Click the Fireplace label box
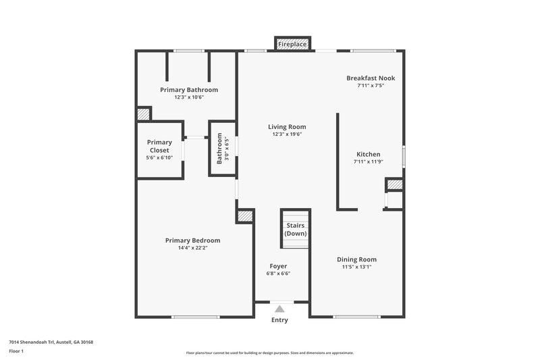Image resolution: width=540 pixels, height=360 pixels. (x=292, y=45)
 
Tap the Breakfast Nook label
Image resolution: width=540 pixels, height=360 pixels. (x=371, y=78)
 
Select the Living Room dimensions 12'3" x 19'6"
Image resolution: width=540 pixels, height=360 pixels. (x=287, y=134)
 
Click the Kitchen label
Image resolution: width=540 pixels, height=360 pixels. (x=368, y=155)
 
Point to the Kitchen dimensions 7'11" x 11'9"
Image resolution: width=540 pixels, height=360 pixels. (x=368, y=162)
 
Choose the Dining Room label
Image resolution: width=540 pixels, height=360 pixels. (x=356, y=259)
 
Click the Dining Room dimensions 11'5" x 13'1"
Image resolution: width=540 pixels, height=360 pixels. (x=356, y=267)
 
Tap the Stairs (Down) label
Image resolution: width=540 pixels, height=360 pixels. (x=296, y=230)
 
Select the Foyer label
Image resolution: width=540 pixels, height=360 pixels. (x=279, y=266)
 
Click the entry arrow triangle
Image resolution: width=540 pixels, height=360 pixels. (x=279, y=309)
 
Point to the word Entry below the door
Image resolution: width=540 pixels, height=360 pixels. (x=279, y=320)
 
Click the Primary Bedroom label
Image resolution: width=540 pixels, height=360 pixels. (x=193, y=240)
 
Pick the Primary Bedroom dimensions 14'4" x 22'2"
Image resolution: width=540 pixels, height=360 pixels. (x=193, y=248)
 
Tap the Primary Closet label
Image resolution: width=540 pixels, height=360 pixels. (x=160, y=146)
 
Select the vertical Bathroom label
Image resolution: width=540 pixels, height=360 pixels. (x=220, y=148)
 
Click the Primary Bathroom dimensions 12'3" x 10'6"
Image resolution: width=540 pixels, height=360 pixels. (x=189, y=97)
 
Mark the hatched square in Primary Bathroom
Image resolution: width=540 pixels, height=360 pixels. (x=144, y=114)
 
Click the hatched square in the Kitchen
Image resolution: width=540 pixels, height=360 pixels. (x=394, y=184)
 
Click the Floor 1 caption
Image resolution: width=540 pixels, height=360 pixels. (x=17, y=352)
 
